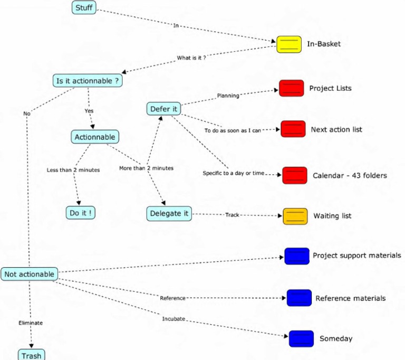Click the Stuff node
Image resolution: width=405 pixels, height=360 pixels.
[x=84, y=7]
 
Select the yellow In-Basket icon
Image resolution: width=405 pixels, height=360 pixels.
[x=289, y=44]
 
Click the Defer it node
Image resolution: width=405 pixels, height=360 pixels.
[x=163, y=109]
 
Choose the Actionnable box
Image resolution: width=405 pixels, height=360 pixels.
[x=95, y=137]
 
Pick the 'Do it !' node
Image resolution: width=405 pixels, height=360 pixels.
[x=81, y=213]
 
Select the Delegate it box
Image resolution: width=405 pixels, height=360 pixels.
[x=169, y=213]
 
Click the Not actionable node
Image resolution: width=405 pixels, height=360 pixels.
[x=29, y=274]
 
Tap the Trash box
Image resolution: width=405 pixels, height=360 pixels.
[x=31, y=355]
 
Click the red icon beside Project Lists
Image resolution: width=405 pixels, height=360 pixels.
[x=291, y=89]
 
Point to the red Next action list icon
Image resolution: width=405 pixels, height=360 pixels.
[x=293, y=129]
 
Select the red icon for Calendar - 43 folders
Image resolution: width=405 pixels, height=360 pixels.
[x=294, y=175]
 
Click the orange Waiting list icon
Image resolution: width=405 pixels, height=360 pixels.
[x=295, y=216]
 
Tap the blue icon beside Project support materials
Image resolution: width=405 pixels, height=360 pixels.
[x=296, y=256]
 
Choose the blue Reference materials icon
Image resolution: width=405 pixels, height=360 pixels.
[x=299, y=298]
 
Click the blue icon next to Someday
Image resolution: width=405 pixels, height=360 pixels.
[x=301, y=338]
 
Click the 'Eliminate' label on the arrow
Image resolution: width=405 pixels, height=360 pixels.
[x=31, y=323]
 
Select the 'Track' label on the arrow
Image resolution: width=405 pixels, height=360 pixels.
[x=232, y=215]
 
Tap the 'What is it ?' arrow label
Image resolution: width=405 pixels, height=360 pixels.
[x=191, y=58]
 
